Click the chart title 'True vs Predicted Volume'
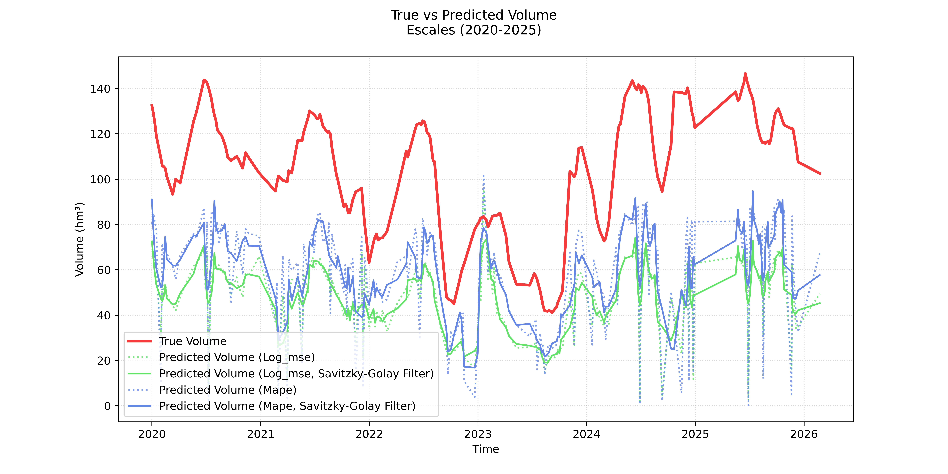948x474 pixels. click(x=474, y=15)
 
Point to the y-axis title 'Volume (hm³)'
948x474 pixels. click(x=79, y=239)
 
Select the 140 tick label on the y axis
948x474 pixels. click(x=100, y=89)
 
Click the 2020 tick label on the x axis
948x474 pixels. click(x=152, y=434)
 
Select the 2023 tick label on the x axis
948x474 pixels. click(x=478, y=434)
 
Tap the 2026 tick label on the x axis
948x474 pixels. click(x=804, y=434)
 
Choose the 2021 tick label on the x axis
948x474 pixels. click(x=261, y=434)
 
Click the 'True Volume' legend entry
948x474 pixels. click(x=192, y=341)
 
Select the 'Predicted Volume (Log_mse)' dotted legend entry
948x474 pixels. click(x=237, y=357)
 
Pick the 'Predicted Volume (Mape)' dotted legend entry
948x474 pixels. click(x=227, y=390)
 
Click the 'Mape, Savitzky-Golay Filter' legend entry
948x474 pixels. click(x=287, y=406)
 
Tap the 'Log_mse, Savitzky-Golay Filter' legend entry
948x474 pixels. click(x=296, y=374)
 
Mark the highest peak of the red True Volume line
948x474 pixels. click(x=745, y=74)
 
